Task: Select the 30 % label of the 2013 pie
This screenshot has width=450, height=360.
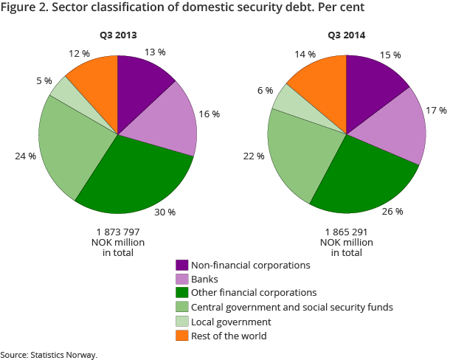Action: (x=166, y=212)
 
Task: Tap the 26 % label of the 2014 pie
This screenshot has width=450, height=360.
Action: (x=393, y=211)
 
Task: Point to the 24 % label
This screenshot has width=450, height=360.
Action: (x=25, y=156)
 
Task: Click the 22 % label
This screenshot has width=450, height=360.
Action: (x=255, y=156)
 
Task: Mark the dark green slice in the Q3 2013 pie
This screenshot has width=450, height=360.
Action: (x=136, y=177)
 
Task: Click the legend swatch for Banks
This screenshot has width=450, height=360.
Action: (x=181, y=279)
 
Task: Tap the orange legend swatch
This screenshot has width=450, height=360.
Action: (x=181, y=336)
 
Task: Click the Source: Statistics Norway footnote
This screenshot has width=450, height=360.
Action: (x=49, y=354)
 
